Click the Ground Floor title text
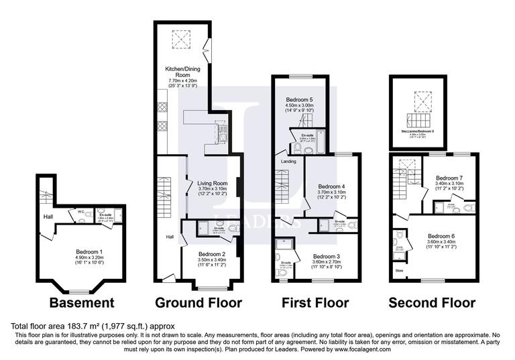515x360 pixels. pyautogui.click(x=198, y=303)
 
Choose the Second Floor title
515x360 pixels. pyautogui.click(x=433, y=303)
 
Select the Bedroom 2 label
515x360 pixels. pyautogui.click(x=212, y=255)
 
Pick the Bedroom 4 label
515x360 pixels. pyautogui.click(x=331, y=186)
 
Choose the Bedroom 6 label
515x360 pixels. pyautogui.click(x=441, y=236)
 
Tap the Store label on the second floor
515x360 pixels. pyautogui.click(x=399, y=271)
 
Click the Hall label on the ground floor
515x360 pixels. pyautogui.click(x=170, y=237)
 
